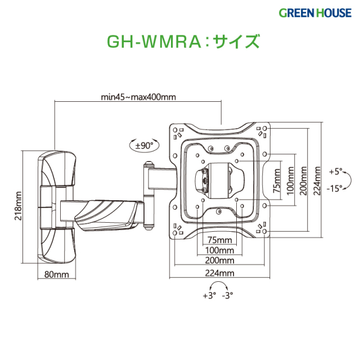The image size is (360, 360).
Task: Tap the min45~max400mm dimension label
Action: pyautogui.click(x=138, y=97)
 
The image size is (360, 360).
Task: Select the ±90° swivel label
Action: pyautogui.click(x=145, y=146)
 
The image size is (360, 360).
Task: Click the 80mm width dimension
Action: pyautogui.click(x=56, y=274)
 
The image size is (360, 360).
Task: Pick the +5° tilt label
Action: pyautogui.click(x=335, y=170)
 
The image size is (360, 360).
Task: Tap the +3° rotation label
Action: pyautogui.click(x=209, y=295)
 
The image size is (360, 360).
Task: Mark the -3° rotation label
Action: pyautogui.click(x=228, y=295)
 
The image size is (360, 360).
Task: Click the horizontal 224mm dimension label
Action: pyautogui.click(x=219, y=273)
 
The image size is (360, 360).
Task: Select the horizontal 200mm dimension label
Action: pyautogui.click(x=219, y=260)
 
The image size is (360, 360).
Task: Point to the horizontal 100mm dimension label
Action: pyautogui.click(x=219, y=249)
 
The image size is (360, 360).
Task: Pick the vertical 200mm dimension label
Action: pyautogui.click(x=304, y=178)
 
